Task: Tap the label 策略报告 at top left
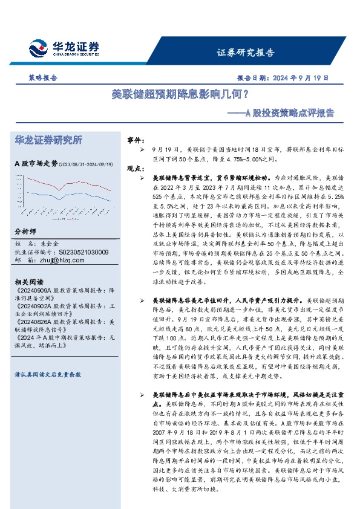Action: pos(43,78)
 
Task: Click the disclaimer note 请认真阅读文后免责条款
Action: pos(47,375)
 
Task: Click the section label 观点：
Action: pos(135,169)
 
